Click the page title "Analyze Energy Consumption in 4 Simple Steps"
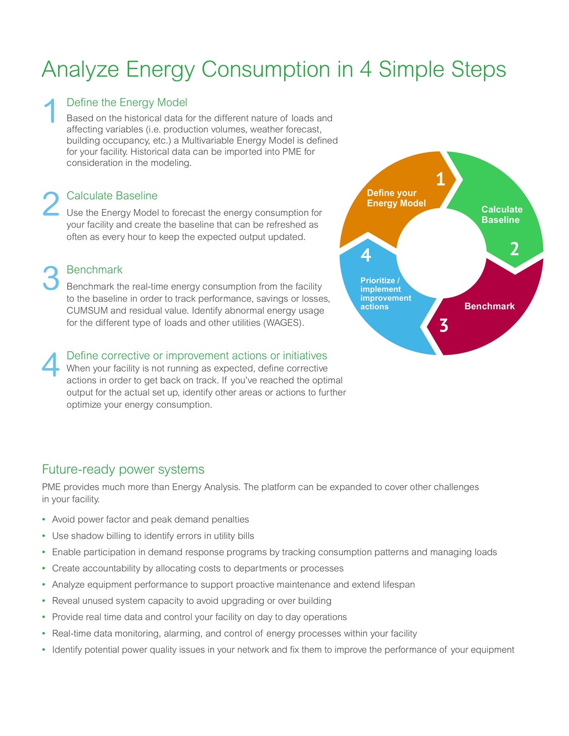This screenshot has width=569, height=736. (x=273, y=70)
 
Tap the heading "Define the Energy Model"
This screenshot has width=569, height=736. (x=127, y=102)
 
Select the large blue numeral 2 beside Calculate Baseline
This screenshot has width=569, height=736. (x=51, y=204)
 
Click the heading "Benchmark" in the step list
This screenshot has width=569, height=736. (x=94, y=269)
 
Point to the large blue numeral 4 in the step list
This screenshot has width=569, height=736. (x=51, y=364)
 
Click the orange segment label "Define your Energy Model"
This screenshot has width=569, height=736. (x=396, y=198)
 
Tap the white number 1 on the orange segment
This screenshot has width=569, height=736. (x=440, y=179)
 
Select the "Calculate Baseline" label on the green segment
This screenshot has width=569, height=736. (x=502, y=214)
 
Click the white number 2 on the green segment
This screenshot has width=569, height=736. (x=514, y=249)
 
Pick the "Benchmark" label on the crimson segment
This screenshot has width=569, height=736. (x=490, y=306)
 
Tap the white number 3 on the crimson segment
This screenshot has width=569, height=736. (x=444, y=326)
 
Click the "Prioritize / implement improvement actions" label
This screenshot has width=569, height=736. (x=386, y=293)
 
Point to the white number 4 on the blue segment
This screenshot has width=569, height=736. (x=366, y=255)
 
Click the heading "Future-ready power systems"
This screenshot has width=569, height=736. (x=123, y=470)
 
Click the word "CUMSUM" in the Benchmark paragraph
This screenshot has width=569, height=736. (x=87, y=310)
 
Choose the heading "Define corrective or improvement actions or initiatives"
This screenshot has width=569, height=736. (x=197, y=356)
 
